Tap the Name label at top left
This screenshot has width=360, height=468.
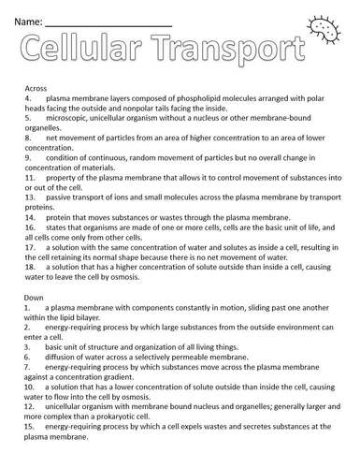point(26,19)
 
